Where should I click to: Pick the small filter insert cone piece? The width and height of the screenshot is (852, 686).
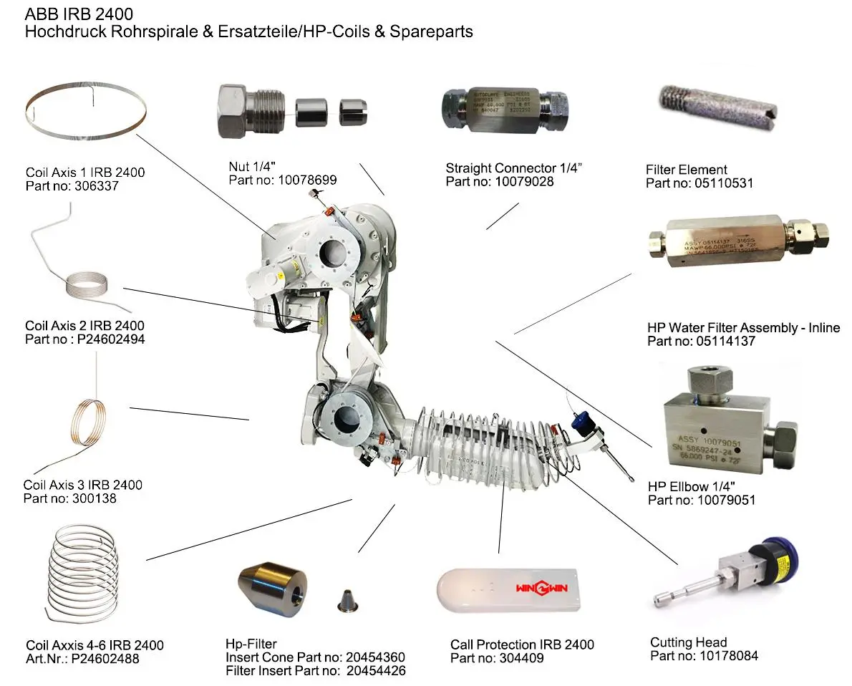tap(346, 600)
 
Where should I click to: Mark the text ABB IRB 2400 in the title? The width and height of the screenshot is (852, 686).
tap(79, 14)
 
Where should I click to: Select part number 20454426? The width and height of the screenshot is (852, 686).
tap(377, 671)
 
